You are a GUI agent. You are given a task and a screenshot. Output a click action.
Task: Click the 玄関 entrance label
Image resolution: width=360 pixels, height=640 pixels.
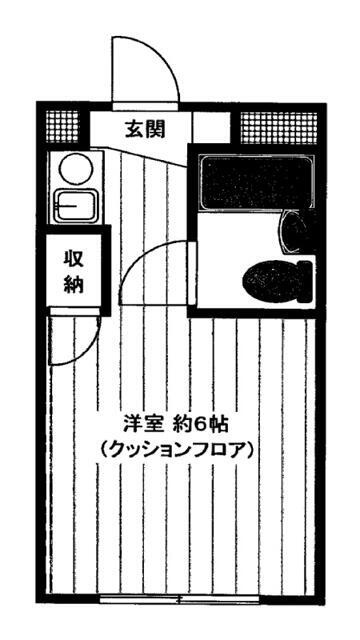pyautogui.click(x=145, y=129)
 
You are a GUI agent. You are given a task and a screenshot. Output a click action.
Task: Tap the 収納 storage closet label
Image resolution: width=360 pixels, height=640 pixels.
pyautogui.click(x=74, y=271)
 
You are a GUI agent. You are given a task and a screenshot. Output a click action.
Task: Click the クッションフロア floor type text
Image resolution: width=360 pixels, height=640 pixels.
pyautogui.click(x=176, y=450)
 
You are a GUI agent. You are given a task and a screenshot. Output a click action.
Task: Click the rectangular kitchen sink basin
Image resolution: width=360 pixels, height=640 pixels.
pyautogui.click(x=75, y=206)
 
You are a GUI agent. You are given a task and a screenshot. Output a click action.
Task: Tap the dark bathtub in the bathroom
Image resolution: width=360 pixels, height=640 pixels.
pyautogui.click(x=255, y=181)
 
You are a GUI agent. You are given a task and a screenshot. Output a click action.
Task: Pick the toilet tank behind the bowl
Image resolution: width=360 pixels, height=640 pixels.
pyautogui.click(x=306, y=282)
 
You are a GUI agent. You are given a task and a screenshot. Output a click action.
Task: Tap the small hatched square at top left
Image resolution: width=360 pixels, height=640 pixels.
pyautogui.click(x=62, y=127)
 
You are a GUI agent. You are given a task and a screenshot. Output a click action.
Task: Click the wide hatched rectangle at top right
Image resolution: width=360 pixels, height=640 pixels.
pyautogui.click(x=278, y=128)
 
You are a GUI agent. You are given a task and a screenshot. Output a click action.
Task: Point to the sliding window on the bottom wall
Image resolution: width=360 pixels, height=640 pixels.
pyautogui.click(x=180, y=600)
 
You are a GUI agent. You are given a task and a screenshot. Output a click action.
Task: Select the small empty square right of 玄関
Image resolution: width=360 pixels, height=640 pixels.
pyautogui.click(x=211, y=128)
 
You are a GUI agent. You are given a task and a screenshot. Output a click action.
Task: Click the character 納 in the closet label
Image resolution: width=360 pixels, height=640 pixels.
pyautogui.click(x=74, y=283)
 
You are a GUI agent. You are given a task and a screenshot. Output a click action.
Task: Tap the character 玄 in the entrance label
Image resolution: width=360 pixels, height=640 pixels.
pyautogui.click(x=135, y=129)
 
